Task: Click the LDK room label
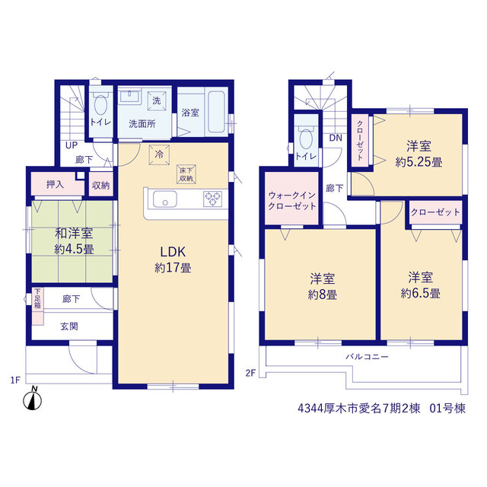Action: (173, 252)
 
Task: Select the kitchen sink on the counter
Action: (165, 199)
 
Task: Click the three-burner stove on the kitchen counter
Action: (212, 199)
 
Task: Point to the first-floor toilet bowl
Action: (100, 105)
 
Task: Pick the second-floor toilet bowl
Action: (306, 138)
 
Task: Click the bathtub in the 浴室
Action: (216, 112)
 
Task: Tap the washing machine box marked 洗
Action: (157, 100)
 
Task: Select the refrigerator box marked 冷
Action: (159, 154)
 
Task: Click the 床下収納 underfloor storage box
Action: (186, 174)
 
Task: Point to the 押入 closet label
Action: (55, 184)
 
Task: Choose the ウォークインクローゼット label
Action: (292, 201)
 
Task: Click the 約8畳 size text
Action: (323, 294)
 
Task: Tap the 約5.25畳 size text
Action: (419, 162)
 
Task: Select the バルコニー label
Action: (367, 357)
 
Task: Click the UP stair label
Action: (72, 145)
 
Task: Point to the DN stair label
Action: (336, 138)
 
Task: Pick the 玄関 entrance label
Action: (69, 326)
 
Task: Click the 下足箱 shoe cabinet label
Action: (37, 298)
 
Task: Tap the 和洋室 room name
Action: (74, 234)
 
